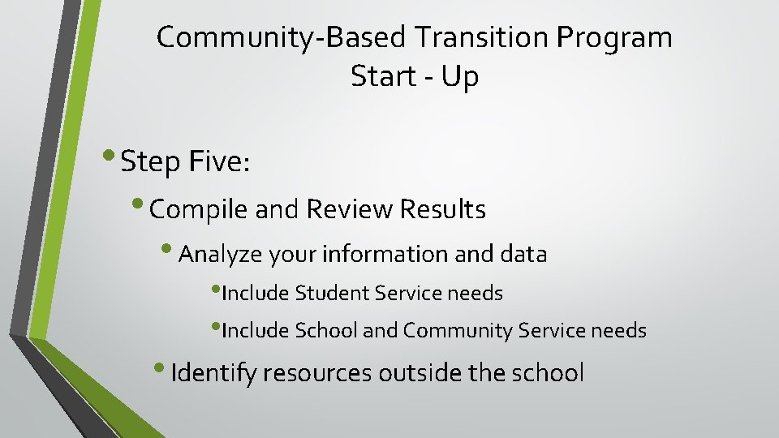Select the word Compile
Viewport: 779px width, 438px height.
(x=200, y=210)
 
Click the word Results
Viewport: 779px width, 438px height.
(x=443, y=210)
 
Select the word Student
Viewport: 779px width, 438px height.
(x=333, y=293)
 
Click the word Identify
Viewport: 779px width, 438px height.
(x=213, y=373)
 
